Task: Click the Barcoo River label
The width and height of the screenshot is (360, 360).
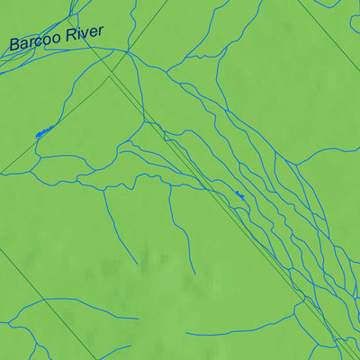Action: pyautogui.click(x=56, y=38)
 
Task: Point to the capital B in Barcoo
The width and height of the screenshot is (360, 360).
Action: pyautogui.click(x=14, y=44)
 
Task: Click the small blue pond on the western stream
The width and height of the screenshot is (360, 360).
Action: pyautogui.click(x=41, y=133)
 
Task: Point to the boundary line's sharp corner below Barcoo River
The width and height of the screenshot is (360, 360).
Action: pyautogui.click(x=109, y=76)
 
